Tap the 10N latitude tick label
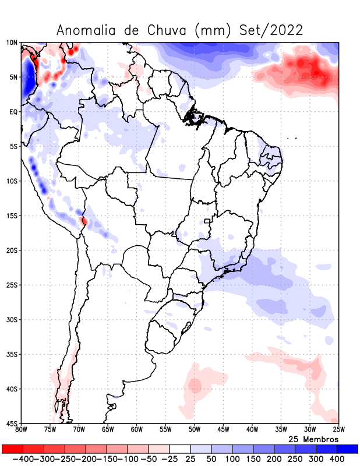pyautogui.click(x=12, y=43)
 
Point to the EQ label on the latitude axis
pyautogui.click(x=13, y=111)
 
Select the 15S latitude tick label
pyautogui.click(x=12, y=216)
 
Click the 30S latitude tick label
pyautogui.click(x=12, y=320)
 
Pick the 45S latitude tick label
pyautogui.click(x=12, y=423)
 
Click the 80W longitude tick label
pyautogui.click(x=21, y=430)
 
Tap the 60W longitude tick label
pyautogui.click(x=136, y=430)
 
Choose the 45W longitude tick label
pyautogui.click(x=223, y=430)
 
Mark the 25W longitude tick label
pyautogui.click(x=338, y=430)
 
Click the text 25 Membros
pyautogui.click(x=313, y=439)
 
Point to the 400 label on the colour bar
pyautogui.click(x=337, y=459)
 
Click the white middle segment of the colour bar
pyautogui.click(x=180, y=449)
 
